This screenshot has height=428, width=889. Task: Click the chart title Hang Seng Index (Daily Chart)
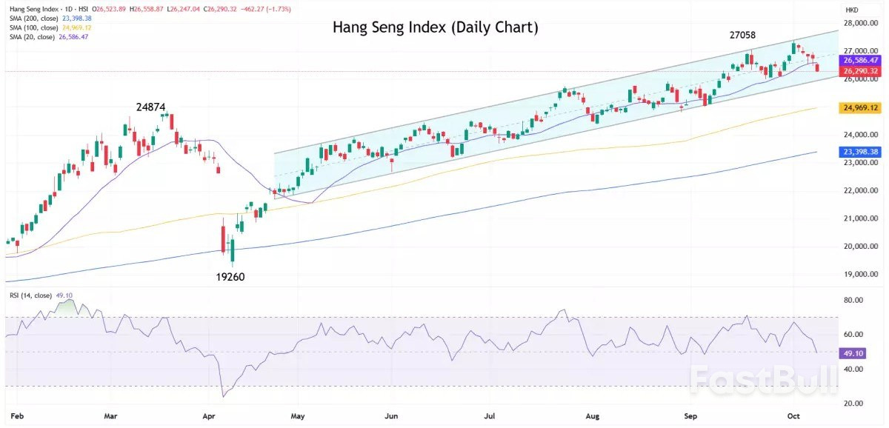click(435, 27)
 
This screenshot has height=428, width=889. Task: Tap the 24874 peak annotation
click(150, 107)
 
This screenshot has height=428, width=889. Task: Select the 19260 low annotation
click(230, 277)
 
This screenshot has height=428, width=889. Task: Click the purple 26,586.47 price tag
click(859, 60)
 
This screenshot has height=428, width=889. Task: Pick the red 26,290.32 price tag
click(859, 71)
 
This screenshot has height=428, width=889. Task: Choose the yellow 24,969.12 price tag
click(859, 108)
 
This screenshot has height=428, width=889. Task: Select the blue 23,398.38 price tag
click(859, 152)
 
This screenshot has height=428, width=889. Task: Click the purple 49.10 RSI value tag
click(851, 354)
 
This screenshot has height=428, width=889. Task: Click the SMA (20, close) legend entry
click(44, 36)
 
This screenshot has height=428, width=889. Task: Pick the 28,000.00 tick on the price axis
click(859, 23)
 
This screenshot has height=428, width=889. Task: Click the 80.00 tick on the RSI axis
click(853, 301)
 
